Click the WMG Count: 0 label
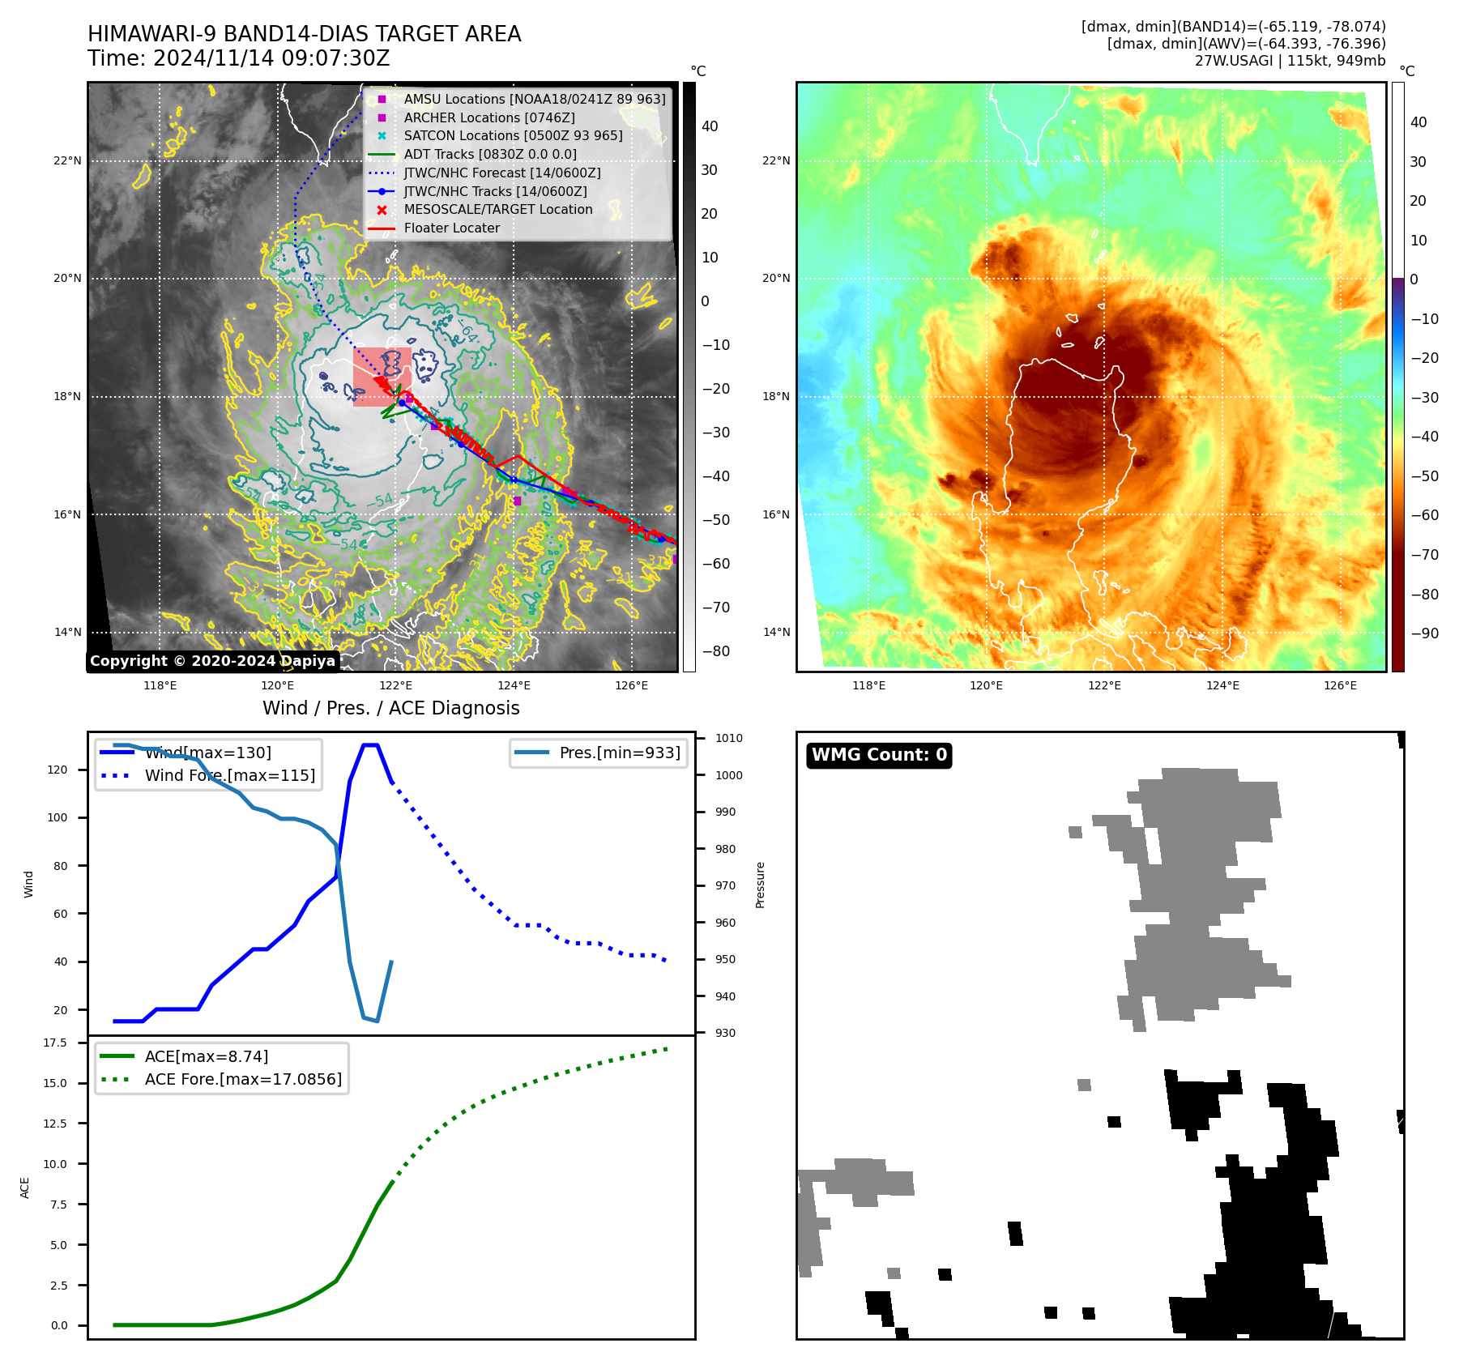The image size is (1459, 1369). [879, 755]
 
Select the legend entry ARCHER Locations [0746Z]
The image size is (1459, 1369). [489, 117]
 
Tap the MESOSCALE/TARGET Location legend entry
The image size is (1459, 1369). [497, 209]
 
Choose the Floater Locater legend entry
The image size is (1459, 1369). [451, 228]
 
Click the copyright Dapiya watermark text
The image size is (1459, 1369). [212, 661]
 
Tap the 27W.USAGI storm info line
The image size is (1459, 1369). [1290, 61]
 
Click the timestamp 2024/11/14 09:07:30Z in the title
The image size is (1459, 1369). [271, 58]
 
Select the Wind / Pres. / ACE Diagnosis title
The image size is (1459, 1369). [390, 708]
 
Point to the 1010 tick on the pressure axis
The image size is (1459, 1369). [728, 738]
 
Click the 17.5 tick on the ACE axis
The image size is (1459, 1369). [55, 1043]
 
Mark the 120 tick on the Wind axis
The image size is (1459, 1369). [58, 770]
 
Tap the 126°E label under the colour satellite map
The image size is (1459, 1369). [1340, 685]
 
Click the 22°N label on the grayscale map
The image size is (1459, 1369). [67, 160]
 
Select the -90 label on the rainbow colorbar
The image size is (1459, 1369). [1424, 633]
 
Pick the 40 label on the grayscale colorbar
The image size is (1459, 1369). [710, 126]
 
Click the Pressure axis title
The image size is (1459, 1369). [760, 885]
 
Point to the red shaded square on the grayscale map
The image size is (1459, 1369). [382, 377]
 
